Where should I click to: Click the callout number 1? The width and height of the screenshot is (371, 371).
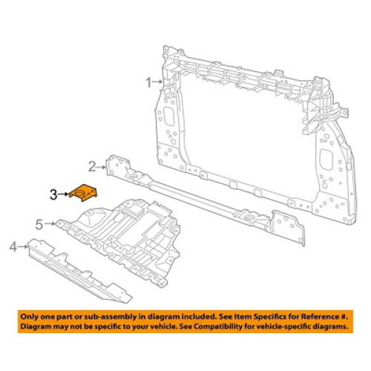coord(148,82)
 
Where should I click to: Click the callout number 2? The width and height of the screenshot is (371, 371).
coord(92,166)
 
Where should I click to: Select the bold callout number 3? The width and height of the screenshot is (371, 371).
coord(53,194)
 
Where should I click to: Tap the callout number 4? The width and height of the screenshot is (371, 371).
coord(13,246)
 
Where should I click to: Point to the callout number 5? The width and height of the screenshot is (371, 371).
coord(39,224)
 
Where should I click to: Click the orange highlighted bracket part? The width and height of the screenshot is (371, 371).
coord(83,193)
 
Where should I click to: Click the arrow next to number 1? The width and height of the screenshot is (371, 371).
coord(157,82)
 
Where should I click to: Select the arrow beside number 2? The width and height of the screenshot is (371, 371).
coord(102,167)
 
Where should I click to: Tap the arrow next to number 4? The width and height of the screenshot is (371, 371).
coord(23,246)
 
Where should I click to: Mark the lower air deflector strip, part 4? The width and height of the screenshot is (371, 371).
coord(79,271)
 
